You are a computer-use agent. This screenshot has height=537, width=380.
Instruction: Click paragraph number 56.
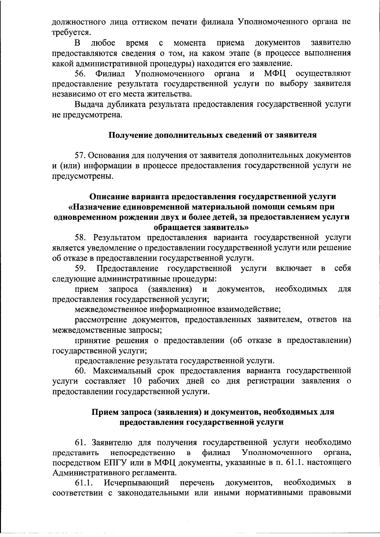(81, 74)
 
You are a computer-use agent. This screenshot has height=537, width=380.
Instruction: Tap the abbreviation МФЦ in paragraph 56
(275, 74)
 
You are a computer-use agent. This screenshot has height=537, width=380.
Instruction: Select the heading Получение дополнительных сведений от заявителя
(212, 135)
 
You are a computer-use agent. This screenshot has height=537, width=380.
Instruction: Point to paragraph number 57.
(80, 155)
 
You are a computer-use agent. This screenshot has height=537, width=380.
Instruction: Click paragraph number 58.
(81, 237)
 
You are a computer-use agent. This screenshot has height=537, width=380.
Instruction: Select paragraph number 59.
(81, 268)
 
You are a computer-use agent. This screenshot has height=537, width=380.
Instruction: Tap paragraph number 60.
(81, 371)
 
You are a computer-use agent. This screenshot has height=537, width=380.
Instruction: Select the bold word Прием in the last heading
(105, 412)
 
